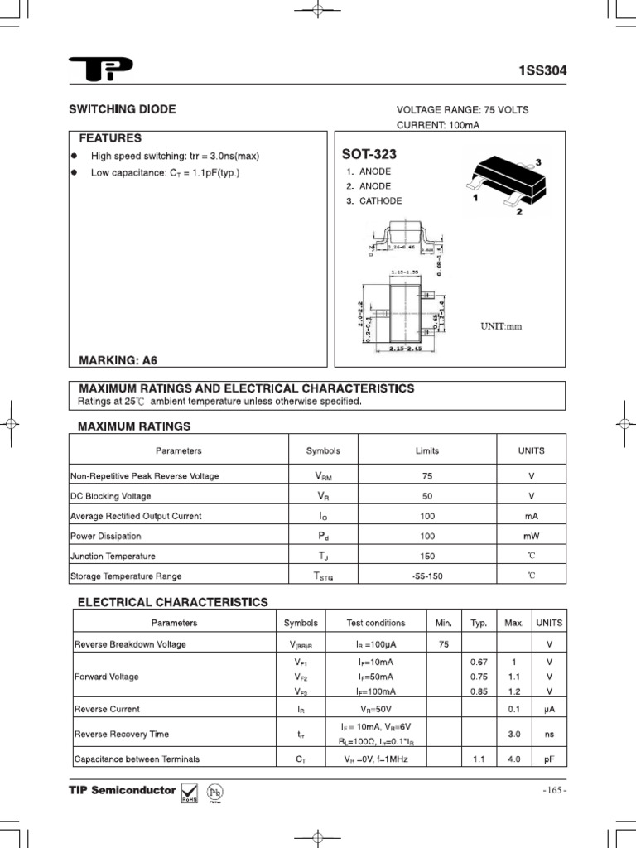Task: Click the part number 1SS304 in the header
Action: (542, 71)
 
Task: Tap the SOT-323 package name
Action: (369, 155)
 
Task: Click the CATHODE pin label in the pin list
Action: (380, 201)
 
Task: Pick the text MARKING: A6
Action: (118, 360)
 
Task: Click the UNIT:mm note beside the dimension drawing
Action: (502, 326)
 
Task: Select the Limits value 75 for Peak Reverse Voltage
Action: (427, 476)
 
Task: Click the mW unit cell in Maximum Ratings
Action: (531, 536)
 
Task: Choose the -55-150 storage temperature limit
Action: (427, 576)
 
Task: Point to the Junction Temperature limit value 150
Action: (427, 556)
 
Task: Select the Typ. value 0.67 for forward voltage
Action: (479, 662)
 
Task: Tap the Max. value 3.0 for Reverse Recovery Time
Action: (513, 734)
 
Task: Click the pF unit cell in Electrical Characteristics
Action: (548, 758)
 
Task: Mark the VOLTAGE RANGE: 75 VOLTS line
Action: (462, 110)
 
